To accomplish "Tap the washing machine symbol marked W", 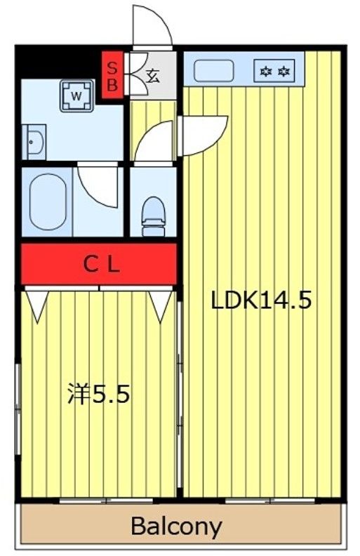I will [76, 93].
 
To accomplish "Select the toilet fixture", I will [152, 213].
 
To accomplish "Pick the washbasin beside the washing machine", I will [34, 143].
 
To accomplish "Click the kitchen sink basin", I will [213, 71].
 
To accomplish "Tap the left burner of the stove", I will [267, 71].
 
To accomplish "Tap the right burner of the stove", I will [284, 71].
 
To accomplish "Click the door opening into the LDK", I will [204, 133].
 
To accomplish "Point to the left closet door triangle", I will [37, 305].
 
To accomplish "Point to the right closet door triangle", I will [161, 305].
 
